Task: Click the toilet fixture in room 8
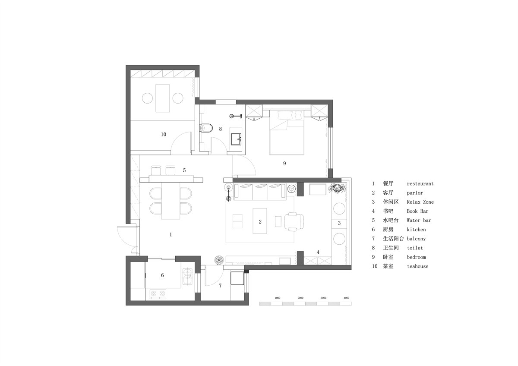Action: tap(206, 128)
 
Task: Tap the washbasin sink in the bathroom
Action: tap(236, 139)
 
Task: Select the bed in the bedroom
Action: tap(287, 133)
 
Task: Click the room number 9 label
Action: tap(284, 164)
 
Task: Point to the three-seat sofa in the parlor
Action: tap(260, 192)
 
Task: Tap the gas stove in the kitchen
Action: tap(158, 293)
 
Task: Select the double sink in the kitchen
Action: tap(187, 277)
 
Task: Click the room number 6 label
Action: tap(162, 275)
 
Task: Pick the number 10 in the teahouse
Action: tap(164, 134)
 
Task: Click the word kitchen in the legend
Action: tap(416, 230)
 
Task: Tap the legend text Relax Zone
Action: tap(420, 202)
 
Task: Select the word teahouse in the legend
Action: tap(418, 266)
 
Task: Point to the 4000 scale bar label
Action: tap(346, 298)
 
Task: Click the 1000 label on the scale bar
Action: tap(278, 298)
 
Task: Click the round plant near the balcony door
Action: tap(218, 260)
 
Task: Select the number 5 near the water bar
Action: tap(184, 170)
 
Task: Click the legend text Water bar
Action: tap(419, 221)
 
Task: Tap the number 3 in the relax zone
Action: tap(339, 223)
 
